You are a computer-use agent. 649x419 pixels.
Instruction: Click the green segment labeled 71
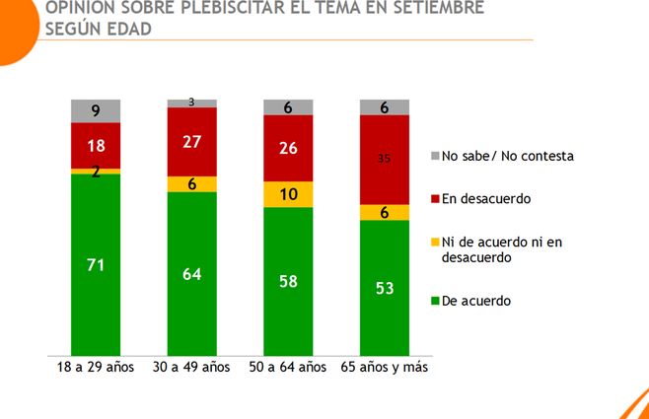point(96,263)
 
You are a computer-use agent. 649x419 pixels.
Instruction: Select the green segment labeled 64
point(191,273)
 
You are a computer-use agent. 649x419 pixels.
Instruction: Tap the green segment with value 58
point(288,281)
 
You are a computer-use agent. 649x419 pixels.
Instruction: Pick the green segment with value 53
point(384,287)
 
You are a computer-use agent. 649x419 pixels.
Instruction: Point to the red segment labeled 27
point(191,141)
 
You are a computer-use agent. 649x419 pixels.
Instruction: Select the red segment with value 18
point(96,145)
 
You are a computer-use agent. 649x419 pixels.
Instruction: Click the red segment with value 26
point(288,148)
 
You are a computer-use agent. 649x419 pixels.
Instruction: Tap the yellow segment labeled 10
point(288,194)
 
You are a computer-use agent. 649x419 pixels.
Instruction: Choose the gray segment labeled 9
point(96,110)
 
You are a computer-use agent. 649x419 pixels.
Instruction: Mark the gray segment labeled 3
point(191,103)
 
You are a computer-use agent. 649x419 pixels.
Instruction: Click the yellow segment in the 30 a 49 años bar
point(191,183)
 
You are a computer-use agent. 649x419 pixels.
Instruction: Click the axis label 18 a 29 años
point(96,368)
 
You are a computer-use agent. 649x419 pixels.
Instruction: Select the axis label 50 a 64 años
point(288,368)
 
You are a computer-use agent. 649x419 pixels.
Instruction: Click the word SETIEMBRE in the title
point(421,9)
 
